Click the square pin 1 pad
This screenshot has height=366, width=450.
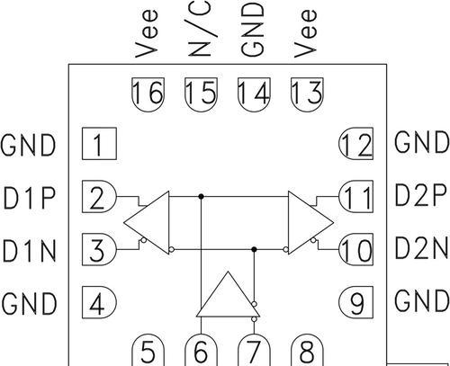point(99,144)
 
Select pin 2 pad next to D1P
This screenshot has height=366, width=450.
point(99,197)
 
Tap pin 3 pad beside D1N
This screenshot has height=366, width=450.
point(99,249)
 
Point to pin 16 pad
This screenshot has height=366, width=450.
point(148,94)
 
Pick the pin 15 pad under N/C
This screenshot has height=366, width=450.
point(201,94)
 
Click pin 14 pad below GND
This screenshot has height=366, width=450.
point(254,94)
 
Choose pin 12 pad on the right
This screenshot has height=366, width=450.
point(356,144)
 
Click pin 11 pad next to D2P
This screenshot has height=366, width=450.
point(356,197)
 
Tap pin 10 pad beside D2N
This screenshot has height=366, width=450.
point(356,249)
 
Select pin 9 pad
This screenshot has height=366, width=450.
point(356,302)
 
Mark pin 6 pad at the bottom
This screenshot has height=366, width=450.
point(201,350)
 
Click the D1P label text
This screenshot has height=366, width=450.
point(30,198)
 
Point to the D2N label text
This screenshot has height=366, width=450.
point(422,248)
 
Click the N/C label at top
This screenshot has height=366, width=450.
point(201,29)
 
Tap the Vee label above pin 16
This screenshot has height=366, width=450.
point(146,33)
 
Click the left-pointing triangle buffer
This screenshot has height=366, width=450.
point(147,223)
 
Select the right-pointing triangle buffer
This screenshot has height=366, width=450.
point(310,223)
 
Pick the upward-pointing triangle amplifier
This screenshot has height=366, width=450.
point(228,294)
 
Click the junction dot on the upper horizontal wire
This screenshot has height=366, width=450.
point(202,197)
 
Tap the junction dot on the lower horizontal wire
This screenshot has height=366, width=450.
point(254,249)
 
